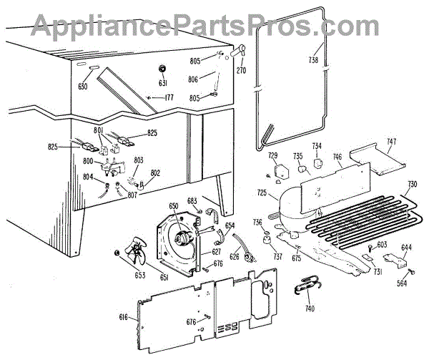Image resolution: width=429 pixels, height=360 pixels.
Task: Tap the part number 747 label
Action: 390,141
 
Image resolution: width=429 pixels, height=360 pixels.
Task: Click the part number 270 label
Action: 240,71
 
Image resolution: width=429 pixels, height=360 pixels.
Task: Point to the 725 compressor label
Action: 262,193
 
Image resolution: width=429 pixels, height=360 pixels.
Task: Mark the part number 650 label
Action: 174,206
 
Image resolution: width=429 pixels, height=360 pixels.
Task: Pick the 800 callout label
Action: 89,162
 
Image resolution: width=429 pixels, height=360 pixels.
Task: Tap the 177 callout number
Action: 168,97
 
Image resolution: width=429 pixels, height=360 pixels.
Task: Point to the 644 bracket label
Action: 406,249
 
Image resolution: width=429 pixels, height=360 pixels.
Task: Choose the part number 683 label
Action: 192,201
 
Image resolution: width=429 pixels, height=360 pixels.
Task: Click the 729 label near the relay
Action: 272,155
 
